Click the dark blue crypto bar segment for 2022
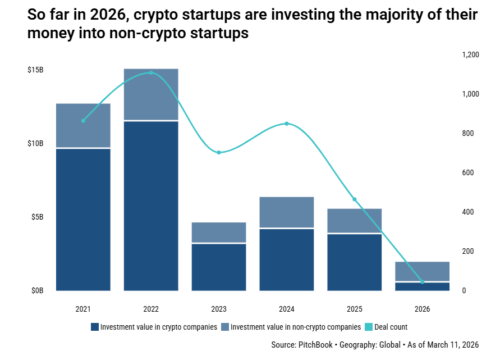(x=151, y=205)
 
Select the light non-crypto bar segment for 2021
(x=83, y=125)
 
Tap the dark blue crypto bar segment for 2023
(x=219, y=267)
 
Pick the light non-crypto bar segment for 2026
(x=422, y=271)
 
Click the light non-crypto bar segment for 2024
(x=286, y=212)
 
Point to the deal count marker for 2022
(x=151, y=72)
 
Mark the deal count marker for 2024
(x=286, y=124)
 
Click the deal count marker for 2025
(x=354, y=199)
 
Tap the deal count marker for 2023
(x=219, y=152)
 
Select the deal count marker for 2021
(x=83, y=120)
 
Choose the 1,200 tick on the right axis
(x=470, y=55)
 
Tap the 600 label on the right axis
(x=467, y=173)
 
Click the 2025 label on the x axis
(x=354, y=309)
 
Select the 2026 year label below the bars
(x=422, y=309)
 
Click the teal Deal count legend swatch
(x=369, y=327)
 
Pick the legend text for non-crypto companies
(x=295, y=327)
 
